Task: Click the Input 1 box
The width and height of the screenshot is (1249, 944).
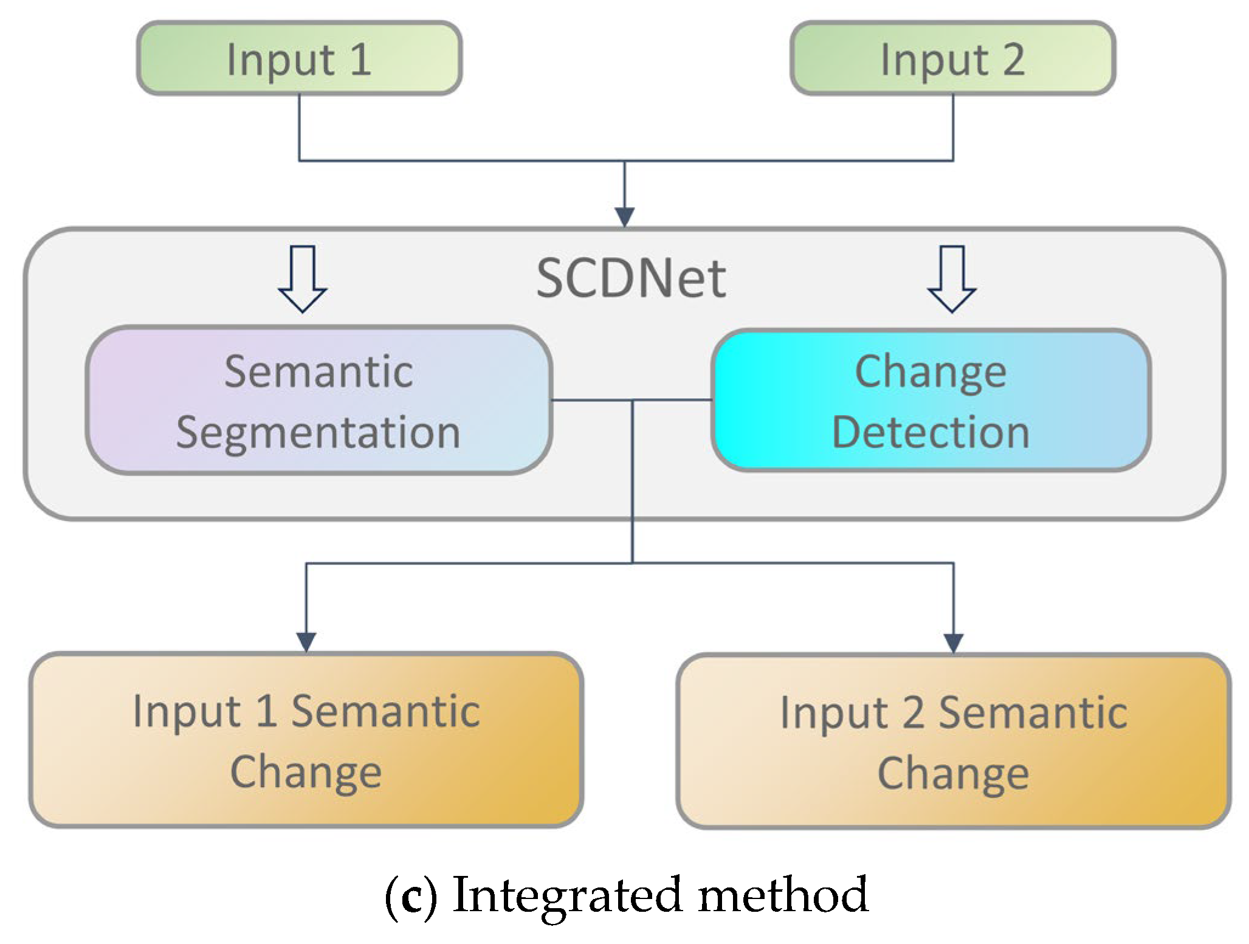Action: (299, 58)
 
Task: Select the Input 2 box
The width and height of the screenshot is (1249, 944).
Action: (952, 58)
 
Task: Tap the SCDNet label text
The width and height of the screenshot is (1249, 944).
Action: (631, 279)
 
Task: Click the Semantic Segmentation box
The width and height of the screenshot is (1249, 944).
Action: (318, 401)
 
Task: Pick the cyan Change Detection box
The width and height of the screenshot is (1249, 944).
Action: (931, 401)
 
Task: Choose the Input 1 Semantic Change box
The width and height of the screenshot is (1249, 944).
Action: (306, 740)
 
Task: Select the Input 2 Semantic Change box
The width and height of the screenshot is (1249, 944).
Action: (953, 741)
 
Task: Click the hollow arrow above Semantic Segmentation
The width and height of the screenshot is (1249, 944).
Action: (303, 279)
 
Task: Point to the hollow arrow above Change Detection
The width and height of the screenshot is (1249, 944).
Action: (952, 279)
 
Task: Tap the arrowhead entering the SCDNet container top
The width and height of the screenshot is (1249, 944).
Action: (625, 216)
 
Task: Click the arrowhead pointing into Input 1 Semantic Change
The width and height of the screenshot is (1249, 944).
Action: (306, 641)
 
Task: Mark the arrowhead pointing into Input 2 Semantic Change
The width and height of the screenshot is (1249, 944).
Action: (953, 643)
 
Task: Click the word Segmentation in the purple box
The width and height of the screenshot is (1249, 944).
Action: (318, 433)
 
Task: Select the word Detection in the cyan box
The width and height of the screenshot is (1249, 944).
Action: (931, 433)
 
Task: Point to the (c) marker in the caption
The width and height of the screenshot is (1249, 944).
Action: (411, 896)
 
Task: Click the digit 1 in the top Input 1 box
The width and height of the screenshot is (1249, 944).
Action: (361, 60)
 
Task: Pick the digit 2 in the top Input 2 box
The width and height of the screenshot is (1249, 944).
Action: (1013, 60)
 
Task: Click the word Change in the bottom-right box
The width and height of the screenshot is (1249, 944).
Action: (953, 773)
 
